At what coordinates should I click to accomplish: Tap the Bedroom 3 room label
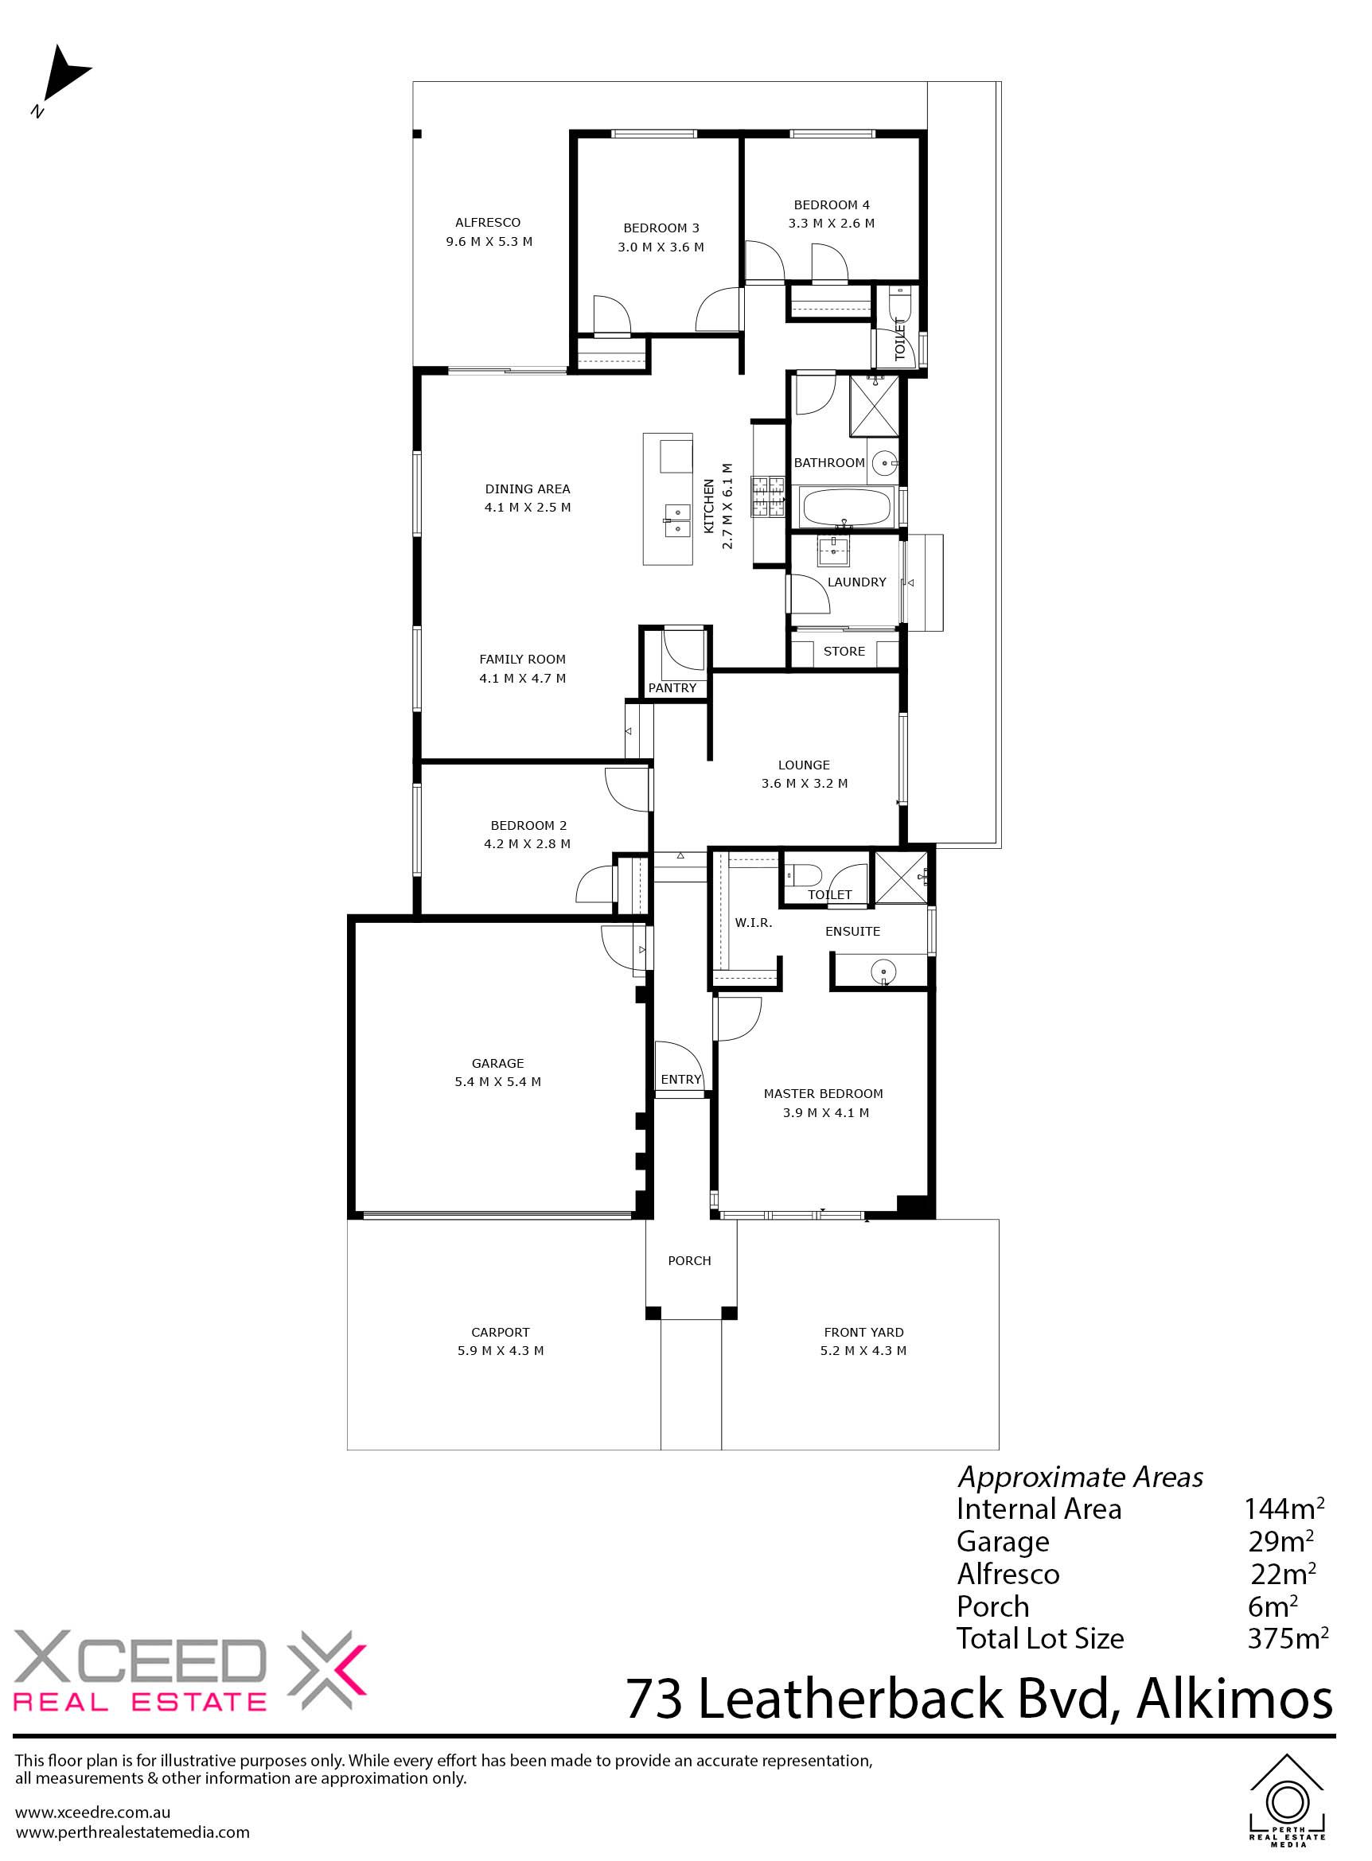pos(661,228)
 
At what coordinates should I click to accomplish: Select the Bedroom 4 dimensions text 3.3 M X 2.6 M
pos(832,223)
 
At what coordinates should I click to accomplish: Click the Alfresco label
pos(488,223)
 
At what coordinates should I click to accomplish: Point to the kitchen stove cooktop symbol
pos(768,496)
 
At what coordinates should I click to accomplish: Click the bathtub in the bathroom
pos(846,508)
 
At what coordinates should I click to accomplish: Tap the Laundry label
pos(856,582)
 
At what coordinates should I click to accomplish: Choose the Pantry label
pos(672,687)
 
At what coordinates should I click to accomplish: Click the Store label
pos(844,651)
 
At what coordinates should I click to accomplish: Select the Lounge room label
pos(804,765)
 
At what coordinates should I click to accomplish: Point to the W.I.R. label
pos(754,923)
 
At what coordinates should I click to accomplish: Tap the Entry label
pos(681,1079)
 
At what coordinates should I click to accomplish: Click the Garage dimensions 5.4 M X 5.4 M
pos(497,1081)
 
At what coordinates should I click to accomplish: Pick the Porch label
pos(689,1259)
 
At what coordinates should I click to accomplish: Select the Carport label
pos(500,1332)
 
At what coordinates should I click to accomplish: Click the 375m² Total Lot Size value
pos(1288,1637)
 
